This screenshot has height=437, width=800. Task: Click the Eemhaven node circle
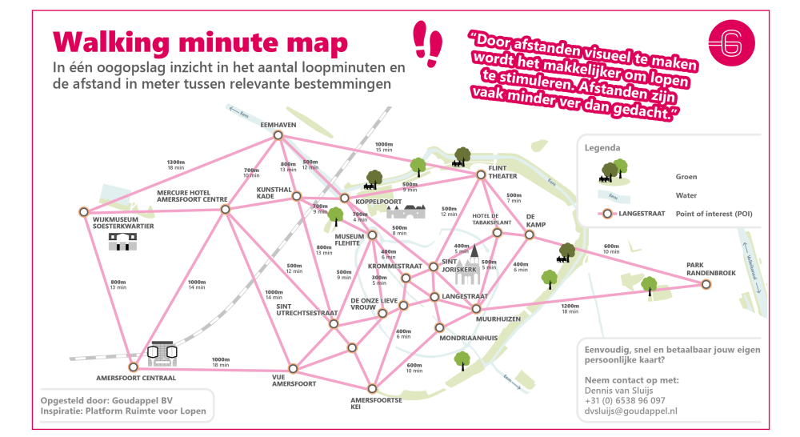[278, 135]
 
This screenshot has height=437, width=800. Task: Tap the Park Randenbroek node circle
[706, 283]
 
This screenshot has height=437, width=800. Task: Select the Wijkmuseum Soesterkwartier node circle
[84, 212]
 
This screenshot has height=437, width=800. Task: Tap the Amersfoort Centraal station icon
[162, 351]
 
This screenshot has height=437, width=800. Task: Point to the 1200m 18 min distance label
[570, 309]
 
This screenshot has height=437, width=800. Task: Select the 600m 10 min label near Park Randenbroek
[611, 249]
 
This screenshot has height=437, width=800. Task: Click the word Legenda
[602, 148]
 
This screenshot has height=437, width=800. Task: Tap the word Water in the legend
[686, 194]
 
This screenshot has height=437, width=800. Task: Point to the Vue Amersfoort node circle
[293, 369]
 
